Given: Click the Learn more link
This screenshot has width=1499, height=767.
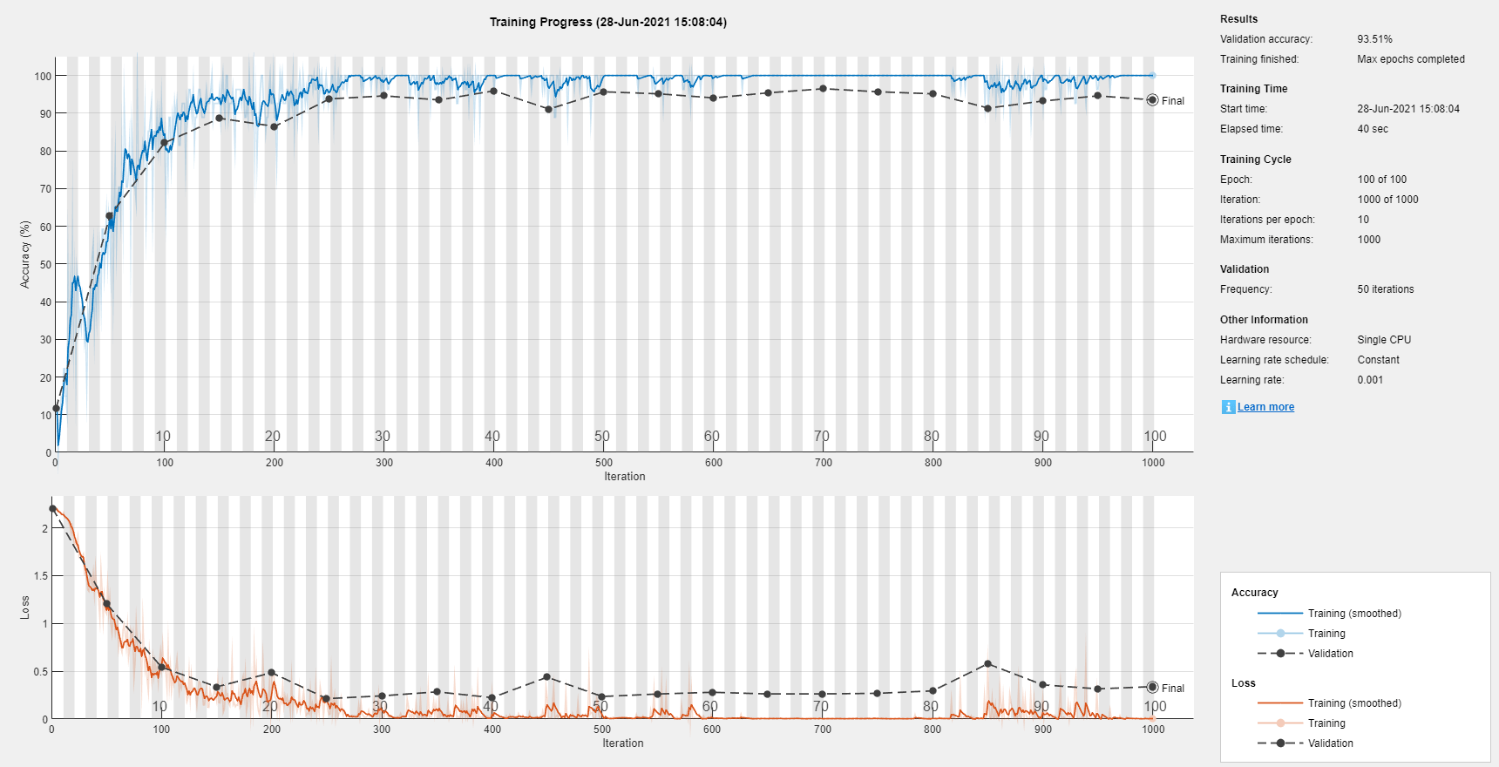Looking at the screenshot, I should [1265, 407].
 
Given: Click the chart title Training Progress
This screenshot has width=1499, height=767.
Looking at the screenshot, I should [607, 22].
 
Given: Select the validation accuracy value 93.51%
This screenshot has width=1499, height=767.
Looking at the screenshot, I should [1374, 39].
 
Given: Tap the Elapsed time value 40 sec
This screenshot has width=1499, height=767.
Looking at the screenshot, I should [1372, 129].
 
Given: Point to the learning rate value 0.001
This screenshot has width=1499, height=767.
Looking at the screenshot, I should [1369, 380].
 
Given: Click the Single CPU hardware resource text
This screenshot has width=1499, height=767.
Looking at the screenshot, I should [1383, 340].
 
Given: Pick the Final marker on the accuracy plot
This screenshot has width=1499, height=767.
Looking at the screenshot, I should [1152, 100].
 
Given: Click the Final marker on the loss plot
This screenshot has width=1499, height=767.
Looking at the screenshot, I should [1152, 688].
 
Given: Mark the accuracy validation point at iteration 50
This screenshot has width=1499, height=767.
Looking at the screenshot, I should [110, 216].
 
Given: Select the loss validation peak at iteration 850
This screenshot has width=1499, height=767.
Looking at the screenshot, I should [987, 664].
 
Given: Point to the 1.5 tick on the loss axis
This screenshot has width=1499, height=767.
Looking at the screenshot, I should [40, 576].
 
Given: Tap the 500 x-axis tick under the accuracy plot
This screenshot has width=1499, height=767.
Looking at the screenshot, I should [603, 463].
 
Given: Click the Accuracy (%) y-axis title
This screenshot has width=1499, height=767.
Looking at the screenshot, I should [25, 254].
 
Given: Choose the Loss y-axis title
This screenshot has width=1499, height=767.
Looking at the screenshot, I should [25, 607].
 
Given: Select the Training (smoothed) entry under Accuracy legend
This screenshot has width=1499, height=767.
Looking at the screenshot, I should [1353, 614].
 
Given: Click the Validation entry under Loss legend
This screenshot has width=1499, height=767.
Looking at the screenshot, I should [1330, 743].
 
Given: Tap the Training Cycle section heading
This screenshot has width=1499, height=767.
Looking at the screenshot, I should [1255, 160].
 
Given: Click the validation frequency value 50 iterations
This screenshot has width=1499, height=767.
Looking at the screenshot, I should [1385, 289].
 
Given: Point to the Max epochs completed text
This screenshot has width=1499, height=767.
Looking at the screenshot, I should [1410, 59].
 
